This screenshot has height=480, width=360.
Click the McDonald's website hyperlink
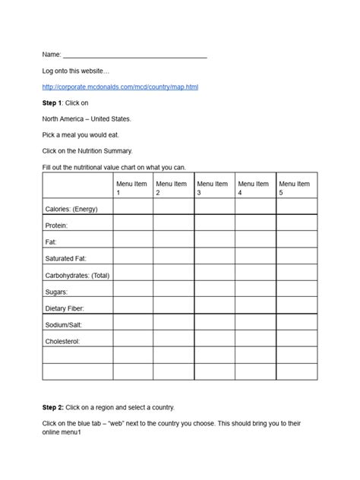click(x=120, y=87)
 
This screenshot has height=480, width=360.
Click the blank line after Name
click(x=134, y=55)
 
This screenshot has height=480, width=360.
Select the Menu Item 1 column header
click(x=133, y=187)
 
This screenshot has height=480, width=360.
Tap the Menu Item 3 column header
click(x=214, y=187)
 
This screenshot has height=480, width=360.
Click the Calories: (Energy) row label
click(x=71, y=209)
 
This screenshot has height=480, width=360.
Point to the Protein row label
click(x=57, y=226)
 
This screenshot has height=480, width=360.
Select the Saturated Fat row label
click(x=65, y=259)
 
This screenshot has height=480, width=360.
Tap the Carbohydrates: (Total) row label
click(x=77, y=276)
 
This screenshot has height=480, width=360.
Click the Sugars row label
click(x=57, y=292)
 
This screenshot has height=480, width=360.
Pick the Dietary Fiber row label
click(x=65, y=308)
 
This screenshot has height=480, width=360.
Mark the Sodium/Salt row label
click(x=63, y=325)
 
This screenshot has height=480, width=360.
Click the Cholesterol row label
click(x=62, y=342)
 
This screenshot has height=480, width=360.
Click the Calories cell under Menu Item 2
click(x=173, y=206)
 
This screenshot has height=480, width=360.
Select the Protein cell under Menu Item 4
click(x=255, y=223)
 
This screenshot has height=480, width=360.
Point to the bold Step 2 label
click(x=53, y=407)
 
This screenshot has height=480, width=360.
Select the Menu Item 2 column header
click(x=173, y=187)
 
